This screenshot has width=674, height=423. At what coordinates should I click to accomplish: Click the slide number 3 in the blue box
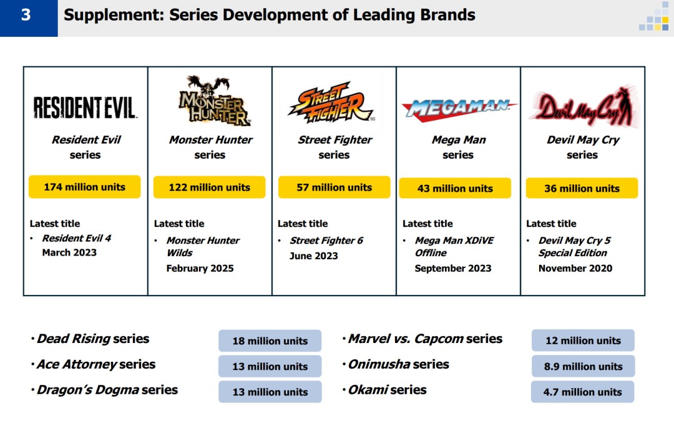point(26,15)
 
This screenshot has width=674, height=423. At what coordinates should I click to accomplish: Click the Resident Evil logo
point(85,107)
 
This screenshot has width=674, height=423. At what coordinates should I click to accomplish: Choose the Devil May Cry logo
point(582,107)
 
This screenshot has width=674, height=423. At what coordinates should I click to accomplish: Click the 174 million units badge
point(84,187)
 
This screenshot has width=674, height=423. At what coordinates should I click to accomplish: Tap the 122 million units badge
point(209,187)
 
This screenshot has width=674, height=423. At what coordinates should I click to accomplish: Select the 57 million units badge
point(334,187)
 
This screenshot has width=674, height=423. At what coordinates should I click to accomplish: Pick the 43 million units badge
point(455,188)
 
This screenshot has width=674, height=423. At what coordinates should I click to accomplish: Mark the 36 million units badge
point(582,188)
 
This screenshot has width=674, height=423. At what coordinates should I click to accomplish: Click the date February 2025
point(200,268)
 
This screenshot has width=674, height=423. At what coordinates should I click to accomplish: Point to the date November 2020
point(575,268)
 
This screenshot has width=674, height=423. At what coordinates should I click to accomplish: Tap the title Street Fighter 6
point(326,241)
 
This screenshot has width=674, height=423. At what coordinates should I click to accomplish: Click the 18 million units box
point(270,341)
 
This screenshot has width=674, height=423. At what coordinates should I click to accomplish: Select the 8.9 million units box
point(583,367)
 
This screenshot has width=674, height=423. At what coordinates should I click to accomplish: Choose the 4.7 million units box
point(583,392)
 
